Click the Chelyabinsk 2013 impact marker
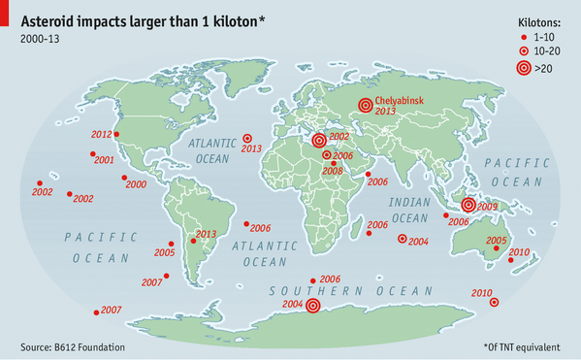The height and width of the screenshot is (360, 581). (365, 106)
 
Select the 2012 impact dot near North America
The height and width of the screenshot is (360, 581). (117, 135)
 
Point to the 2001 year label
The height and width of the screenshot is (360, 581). (104, 160)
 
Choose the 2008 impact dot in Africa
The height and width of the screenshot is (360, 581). (334, 162)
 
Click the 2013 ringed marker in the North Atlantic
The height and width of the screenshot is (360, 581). (246, 139)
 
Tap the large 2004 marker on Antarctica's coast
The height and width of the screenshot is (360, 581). (312, 305)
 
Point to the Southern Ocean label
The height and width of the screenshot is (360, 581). (351, 291)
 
